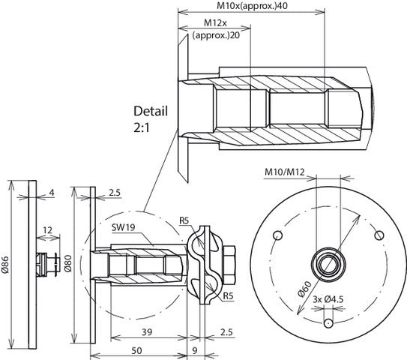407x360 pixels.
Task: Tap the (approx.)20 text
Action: coord(217,35)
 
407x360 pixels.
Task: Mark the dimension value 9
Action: coord(194,350)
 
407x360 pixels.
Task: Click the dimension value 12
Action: coord(47,230)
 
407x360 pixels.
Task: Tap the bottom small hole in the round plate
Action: coord(328,324)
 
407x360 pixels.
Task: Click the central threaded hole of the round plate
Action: coord(328,263)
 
